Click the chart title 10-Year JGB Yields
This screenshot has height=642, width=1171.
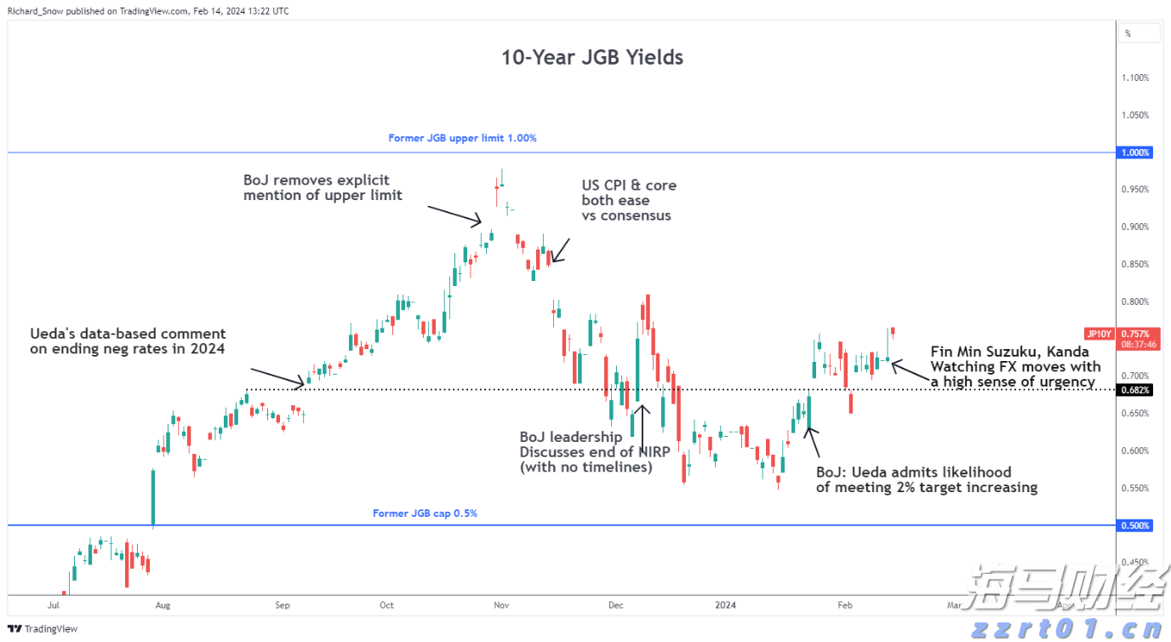(591, 58)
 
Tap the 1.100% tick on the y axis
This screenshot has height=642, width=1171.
(1135, 78)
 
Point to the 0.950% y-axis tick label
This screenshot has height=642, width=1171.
(1135, 190)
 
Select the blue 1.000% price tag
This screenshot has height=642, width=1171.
(1135, 153)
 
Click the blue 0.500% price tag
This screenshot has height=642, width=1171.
(1135, 526)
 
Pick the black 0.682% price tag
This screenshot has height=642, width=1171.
(1135, 390)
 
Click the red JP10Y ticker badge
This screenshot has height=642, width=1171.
(1100, 334)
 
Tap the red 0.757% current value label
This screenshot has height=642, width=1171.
(1135, 334)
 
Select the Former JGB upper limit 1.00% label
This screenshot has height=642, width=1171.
(462, 138)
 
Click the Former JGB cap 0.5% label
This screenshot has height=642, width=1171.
(425, 513)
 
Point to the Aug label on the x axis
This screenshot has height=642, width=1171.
(163, 605)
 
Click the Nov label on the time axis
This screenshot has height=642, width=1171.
(500, 605)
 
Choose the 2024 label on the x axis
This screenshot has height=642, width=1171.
(725, 605)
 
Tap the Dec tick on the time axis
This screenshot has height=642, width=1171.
(615, 605)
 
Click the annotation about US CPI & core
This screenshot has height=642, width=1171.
(629, 200)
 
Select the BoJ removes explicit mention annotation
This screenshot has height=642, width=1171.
(323, 188)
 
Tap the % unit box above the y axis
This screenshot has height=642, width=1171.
(1138, 33)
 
